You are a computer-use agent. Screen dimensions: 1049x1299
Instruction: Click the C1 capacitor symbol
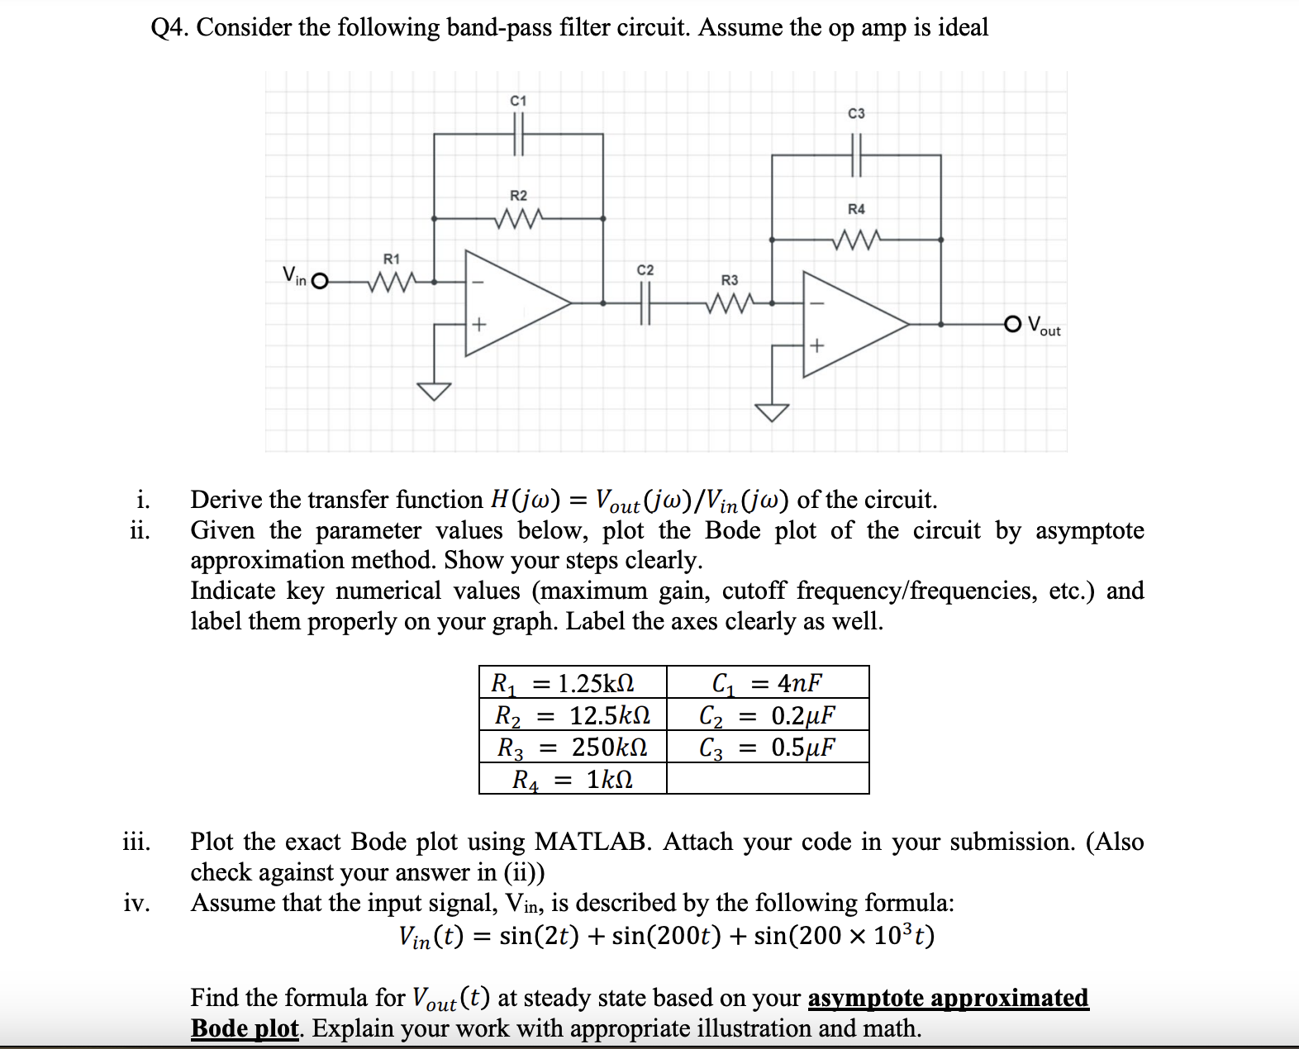[x=519, y=134]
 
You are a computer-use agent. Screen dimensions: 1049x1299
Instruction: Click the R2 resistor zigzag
[x=518, y=219]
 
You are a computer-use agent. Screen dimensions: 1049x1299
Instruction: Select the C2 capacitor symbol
[x=645, y=303]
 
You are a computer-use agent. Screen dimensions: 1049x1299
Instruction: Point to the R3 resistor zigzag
[x=729, y=303]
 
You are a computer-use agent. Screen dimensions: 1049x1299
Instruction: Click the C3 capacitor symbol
[x=856, y=154]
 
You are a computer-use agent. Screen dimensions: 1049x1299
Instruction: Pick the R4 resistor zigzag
[x=856, y=240]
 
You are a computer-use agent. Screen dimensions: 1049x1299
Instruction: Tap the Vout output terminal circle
[x=1013, y=324]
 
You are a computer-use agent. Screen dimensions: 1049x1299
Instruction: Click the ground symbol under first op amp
[x=434, y=390]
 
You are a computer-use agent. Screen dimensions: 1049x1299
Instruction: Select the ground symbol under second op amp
[x=772, y=411]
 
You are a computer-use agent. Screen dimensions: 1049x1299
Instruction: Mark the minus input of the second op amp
[x=816, y=303]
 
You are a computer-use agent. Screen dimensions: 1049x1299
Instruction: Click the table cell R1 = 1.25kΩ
[x=573, y=683]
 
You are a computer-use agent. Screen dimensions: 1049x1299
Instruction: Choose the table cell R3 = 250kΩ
[x=573, y=748]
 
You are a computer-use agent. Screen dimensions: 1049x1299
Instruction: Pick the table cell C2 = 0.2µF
[x=767, y=715]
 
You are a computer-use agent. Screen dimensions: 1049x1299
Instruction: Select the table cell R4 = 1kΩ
[x=573, y=779]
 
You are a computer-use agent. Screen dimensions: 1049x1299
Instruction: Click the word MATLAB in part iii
[x=592, y=842]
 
